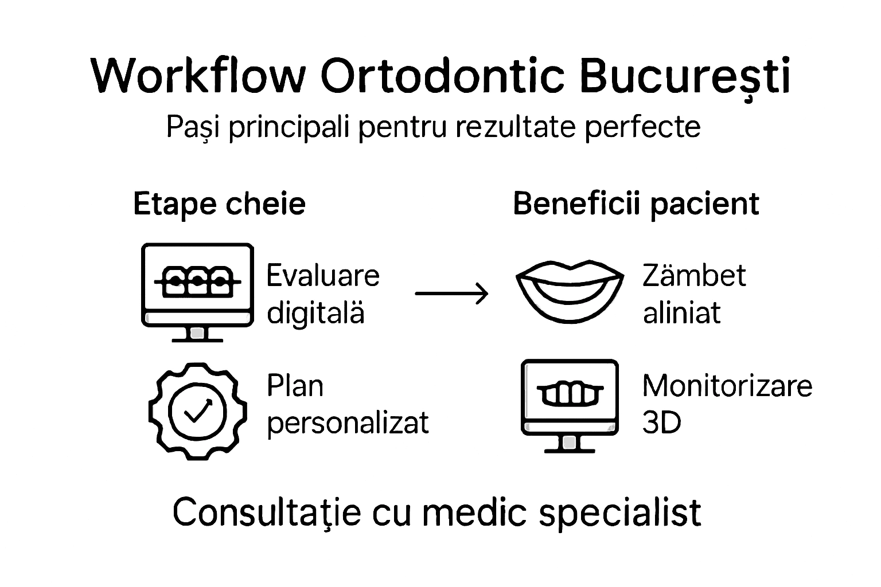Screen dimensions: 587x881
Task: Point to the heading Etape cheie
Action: [x=219, y=204]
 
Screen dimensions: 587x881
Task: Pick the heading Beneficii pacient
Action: [x=636, y=204]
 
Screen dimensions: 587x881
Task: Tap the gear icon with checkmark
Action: [x=197, y=410]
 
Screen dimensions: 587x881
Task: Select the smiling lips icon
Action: [x=570, y=291]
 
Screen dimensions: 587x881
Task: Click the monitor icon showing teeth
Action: [x=570, y=405]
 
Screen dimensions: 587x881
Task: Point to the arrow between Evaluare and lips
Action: [x=451, y=293]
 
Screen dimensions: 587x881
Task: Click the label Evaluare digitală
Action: [x=322, y=294]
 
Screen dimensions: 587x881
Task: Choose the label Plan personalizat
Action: [x=347, y=404]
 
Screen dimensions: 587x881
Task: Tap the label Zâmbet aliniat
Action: [x=693, y=294]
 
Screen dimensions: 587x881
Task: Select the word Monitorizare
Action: [x=727, y=386]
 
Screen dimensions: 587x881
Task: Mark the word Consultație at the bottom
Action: [x=267, y=512]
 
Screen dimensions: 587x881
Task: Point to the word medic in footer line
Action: [x=474, y=512]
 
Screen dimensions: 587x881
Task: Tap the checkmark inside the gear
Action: [x=197, y=410]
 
